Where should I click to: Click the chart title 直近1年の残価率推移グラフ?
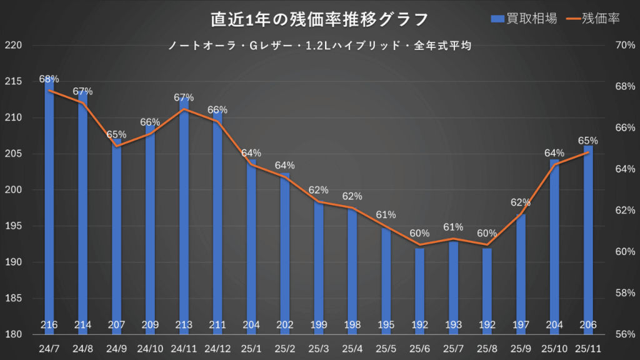pyautogui.click(x=319, y=19)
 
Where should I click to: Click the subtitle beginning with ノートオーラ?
pyautogui.click(x=319, y=46)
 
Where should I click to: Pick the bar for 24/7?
pyautogui.click(x=49, y=206)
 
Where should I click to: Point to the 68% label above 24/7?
pyautogui.click(x=49, y=79)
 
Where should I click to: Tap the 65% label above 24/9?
pyautogui.click(x=116, y=134)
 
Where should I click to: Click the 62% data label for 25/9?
pyautogui.click(x=521, y=202)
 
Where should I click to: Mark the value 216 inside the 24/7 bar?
pyautogui.click(x=49, y=324)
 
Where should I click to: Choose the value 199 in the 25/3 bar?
pyautogui.click(x=319, y=324)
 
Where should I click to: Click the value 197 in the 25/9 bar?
pyautogui.click(x=521, y=324)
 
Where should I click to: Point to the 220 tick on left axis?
pyautogui.click(x=12, y=46)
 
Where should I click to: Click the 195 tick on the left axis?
pyautogui.click(x=12, y=226)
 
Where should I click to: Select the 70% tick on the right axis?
pyautogui.click(x=625, y=46)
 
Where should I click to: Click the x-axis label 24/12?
pyautogui.click(x=217, y=348)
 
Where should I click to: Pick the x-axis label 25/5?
pyautogui.click(x=386, y=348)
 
